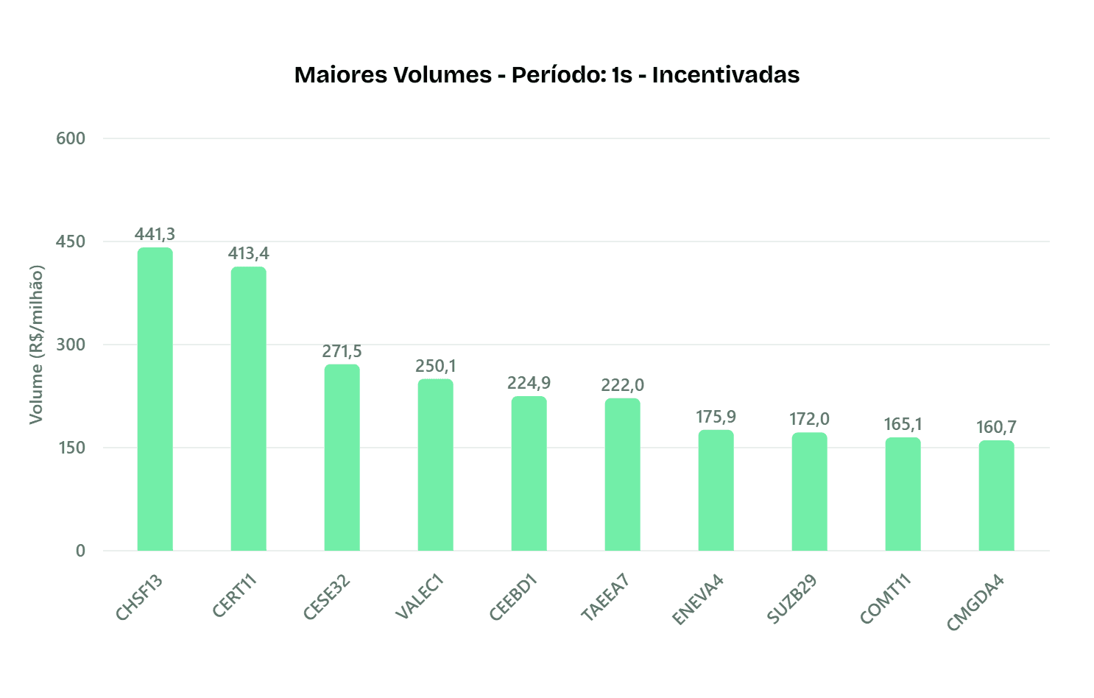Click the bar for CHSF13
point(155,399)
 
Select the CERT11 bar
point(249,409)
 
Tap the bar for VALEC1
point(436,465)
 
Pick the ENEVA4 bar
point(716,490)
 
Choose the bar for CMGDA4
point(996,496)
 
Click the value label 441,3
point(155,234)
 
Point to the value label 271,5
point(342,351)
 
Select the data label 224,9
point(529,383)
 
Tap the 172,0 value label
point(809,419)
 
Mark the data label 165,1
point(903,424)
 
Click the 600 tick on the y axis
point(71,138)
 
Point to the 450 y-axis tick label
point(71,242)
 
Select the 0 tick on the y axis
point(80,551)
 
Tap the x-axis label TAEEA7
point(606,598)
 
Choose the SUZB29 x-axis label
point(793,599)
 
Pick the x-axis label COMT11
point(886,599)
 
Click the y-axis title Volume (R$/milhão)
point(36,345)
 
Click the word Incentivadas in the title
point(726,75)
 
